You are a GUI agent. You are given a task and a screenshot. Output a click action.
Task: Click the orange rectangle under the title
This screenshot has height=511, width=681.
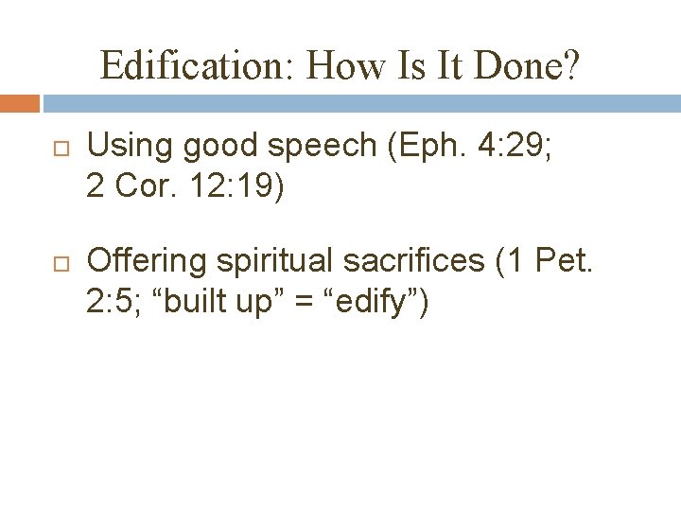(20, 103)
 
